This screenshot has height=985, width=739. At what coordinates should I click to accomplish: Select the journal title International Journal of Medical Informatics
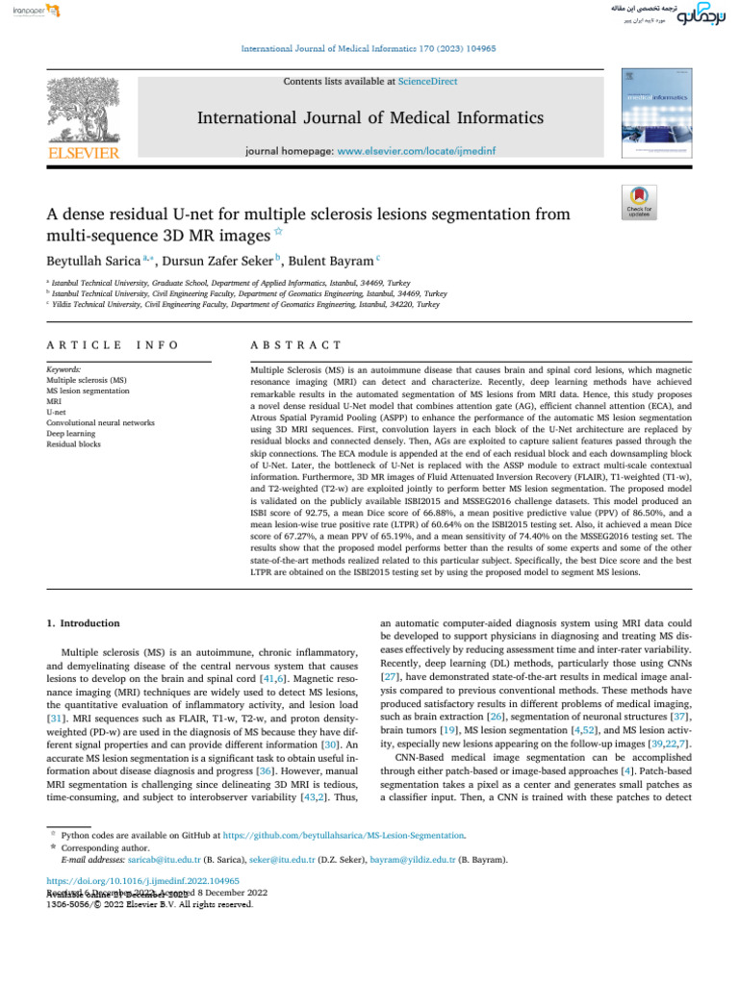(370, 118)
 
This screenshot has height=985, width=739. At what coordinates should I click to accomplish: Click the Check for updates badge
(639, 204)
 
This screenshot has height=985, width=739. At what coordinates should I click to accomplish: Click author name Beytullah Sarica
(92, 260)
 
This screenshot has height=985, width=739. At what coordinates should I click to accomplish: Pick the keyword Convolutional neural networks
(100, 422)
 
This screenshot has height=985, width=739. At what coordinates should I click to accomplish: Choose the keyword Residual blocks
(74, 445)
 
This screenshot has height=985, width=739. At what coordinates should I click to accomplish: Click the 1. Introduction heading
(84, 623)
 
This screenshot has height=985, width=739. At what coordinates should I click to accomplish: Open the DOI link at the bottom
(143, 881)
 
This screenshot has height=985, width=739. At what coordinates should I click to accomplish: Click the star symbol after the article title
(279, 233)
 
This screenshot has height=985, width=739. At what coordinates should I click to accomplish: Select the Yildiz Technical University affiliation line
(245, 303)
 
